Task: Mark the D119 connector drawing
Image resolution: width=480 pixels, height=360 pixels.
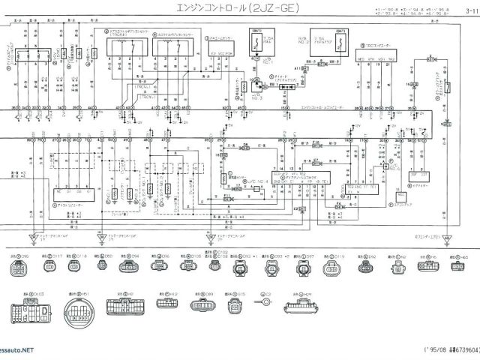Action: [x=333, y=268]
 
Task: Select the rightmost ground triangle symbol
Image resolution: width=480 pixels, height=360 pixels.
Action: [x=448, y=240]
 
